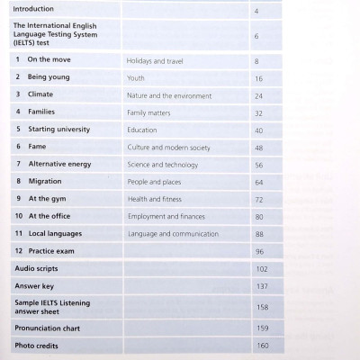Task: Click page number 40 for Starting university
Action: [x=258, y=130]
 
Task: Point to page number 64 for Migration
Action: [x=258, y=183]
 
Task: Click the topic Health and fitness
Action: [x=157, y=200]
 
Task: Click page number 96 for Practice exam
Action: [x=259, y=252]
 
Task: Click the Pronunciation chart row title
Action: [x=52, y=328]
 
